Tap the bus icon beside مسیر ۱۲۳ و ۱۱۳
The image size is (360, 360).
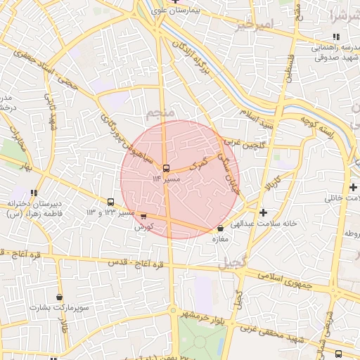click(110, 202)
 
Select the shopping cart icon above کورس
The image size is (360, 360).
click(143, 217)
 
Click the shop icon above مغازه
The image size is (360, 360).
click(221, 228)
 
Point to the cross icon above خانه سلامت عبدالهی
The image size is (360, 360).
click(263, 212)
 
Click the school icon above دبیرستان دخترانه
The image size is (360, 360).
click(34, 192)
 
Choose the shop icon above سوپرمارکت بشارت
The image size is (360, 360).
click(59, 297)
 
